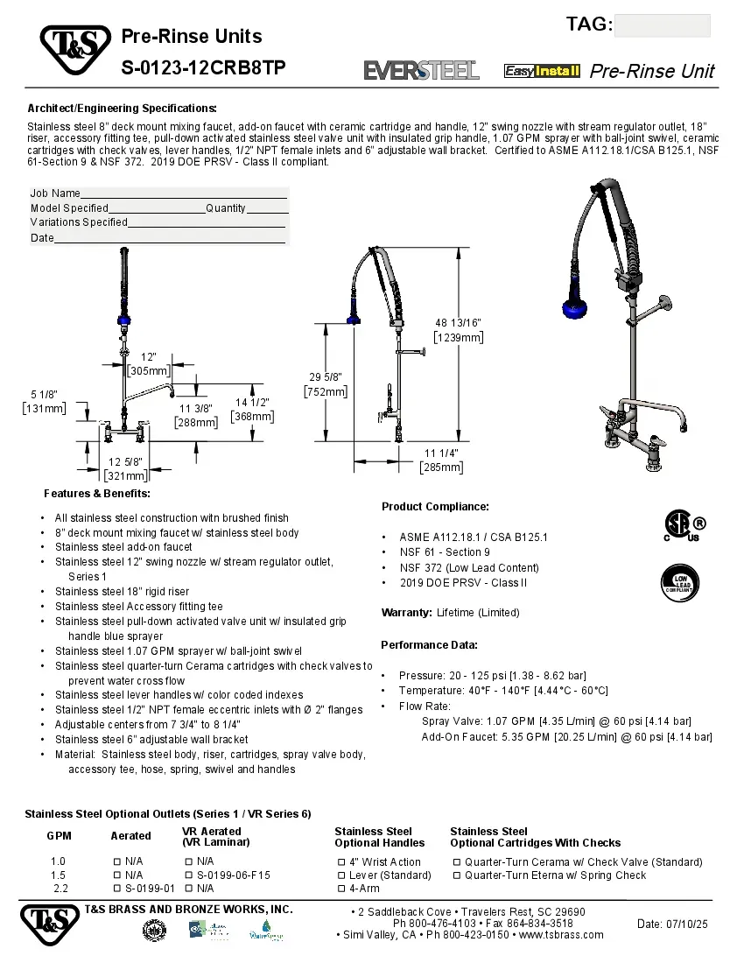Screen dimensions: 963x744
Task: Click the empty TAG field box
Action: click(x=662, y=25)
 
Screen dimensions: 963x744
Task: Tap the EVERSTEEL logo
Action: click(x=421, y=71)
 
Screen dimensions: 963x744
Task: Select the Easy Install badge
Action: click(x=542, y=71)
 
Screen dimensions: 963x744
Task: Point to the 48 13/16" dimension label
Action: click(x=459, y=322)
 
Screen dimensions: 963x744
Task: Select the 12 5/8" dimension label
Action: click(x=126, y=461)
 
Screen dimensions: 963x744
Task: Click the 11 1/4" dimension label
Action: click(x=441, y=453)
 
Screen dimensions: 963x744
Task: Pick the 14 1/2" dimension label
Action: click(x=252, y=403)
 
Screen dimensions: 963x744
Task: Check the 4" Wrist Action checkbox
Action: click(x=342, y=862)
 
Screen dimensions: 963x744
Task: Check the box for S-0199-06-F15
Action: click(x=189, y=875)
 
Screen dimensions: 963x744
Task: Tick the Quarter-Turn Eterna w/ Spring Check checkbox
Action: click(x=456, y=875)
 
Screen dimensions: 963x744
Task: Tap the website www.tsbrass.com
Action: click(x=561, y=935)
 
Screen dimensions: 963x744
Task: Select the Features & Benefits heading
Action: click(x=97, y=495)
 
